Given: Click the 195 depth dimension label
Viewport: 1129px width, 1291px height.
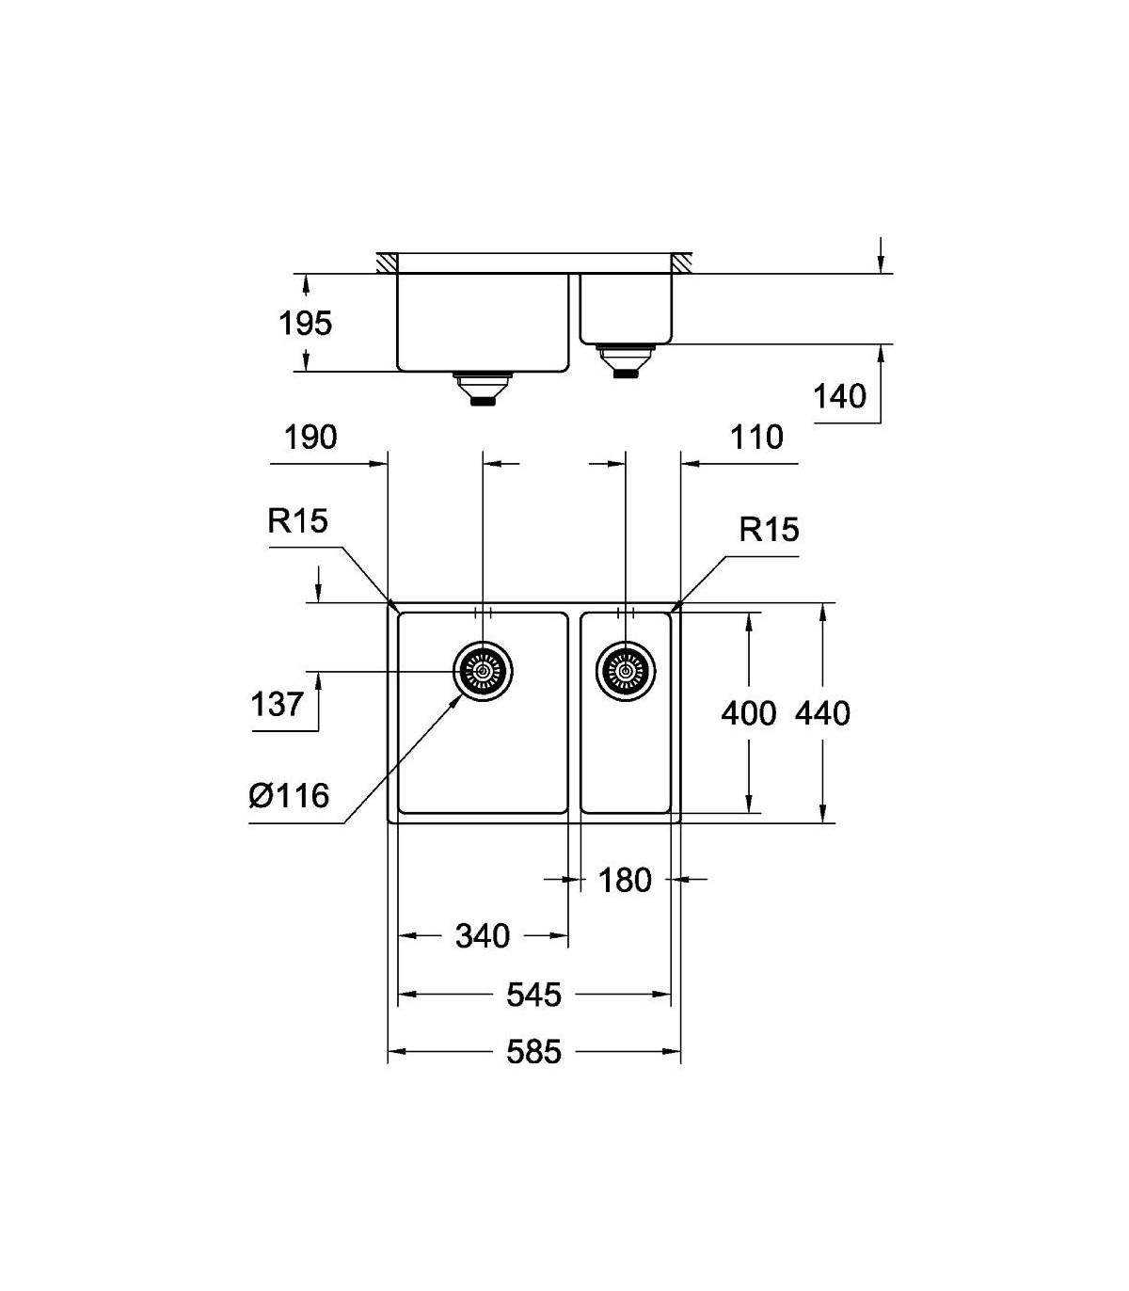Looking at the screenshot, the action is pos(305,324).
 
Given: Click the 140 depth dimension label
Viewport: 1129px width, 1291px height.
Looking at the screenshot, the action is pos(839,397).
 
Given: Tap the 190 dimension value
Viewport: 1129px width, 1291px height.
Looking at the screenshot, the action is pos(310,438).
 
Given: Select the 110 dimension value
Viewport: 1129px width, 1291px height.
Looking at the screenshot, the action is pos(756,438).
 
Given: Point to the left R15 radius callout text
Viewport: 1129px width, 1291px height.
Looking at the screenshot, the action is pos(297,521).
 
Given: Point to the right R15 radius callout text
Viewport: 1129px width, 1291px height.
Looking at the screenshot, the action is pos(769,530).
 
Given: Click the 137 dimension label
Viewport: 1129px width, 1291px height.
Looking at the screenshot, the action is pos(277,704).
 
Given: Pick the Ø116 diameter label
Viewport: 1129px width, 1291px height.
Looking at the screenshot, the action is pos(289,796).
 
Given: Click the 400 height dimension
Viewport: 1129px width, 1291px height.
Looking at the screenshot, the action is pos(749,713).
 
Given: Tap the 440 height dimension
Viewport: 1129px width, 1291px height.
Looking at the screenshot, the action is pos(822,713).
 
